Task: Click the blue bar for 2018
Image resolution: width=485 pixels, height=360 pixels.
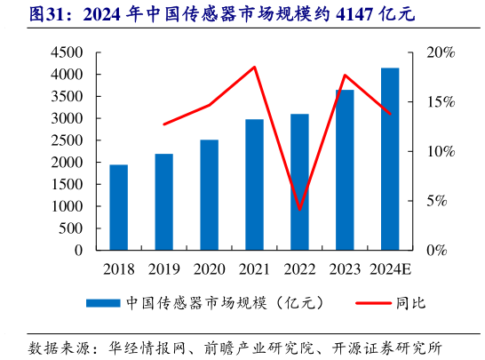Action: [x=119, y=207]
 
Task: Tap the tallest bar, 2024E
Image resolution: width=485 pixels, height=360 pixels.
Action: [x=390, y=159]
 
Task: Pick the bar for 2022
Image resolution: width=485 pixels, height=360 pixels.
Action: [x=299, y=181]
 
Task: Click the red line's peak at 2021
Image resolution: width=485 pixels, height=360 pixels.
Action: [x=255, y=68]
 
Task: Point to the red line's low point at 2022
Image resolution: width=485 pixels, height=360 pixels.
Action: [x=300, y=210]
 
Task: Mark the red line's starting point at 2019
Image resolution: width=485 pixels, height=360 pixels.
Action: [x=164, y=124]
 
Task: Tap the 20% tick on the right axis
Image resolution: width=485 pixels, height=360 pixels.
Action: [x=440, y=52]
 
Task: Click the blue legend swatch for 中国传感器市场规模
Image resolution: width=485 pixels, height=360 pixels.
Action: [x=104, y=303]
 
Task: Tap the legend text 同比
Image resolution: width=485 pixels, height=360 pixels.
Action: [x=413, y=303]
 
